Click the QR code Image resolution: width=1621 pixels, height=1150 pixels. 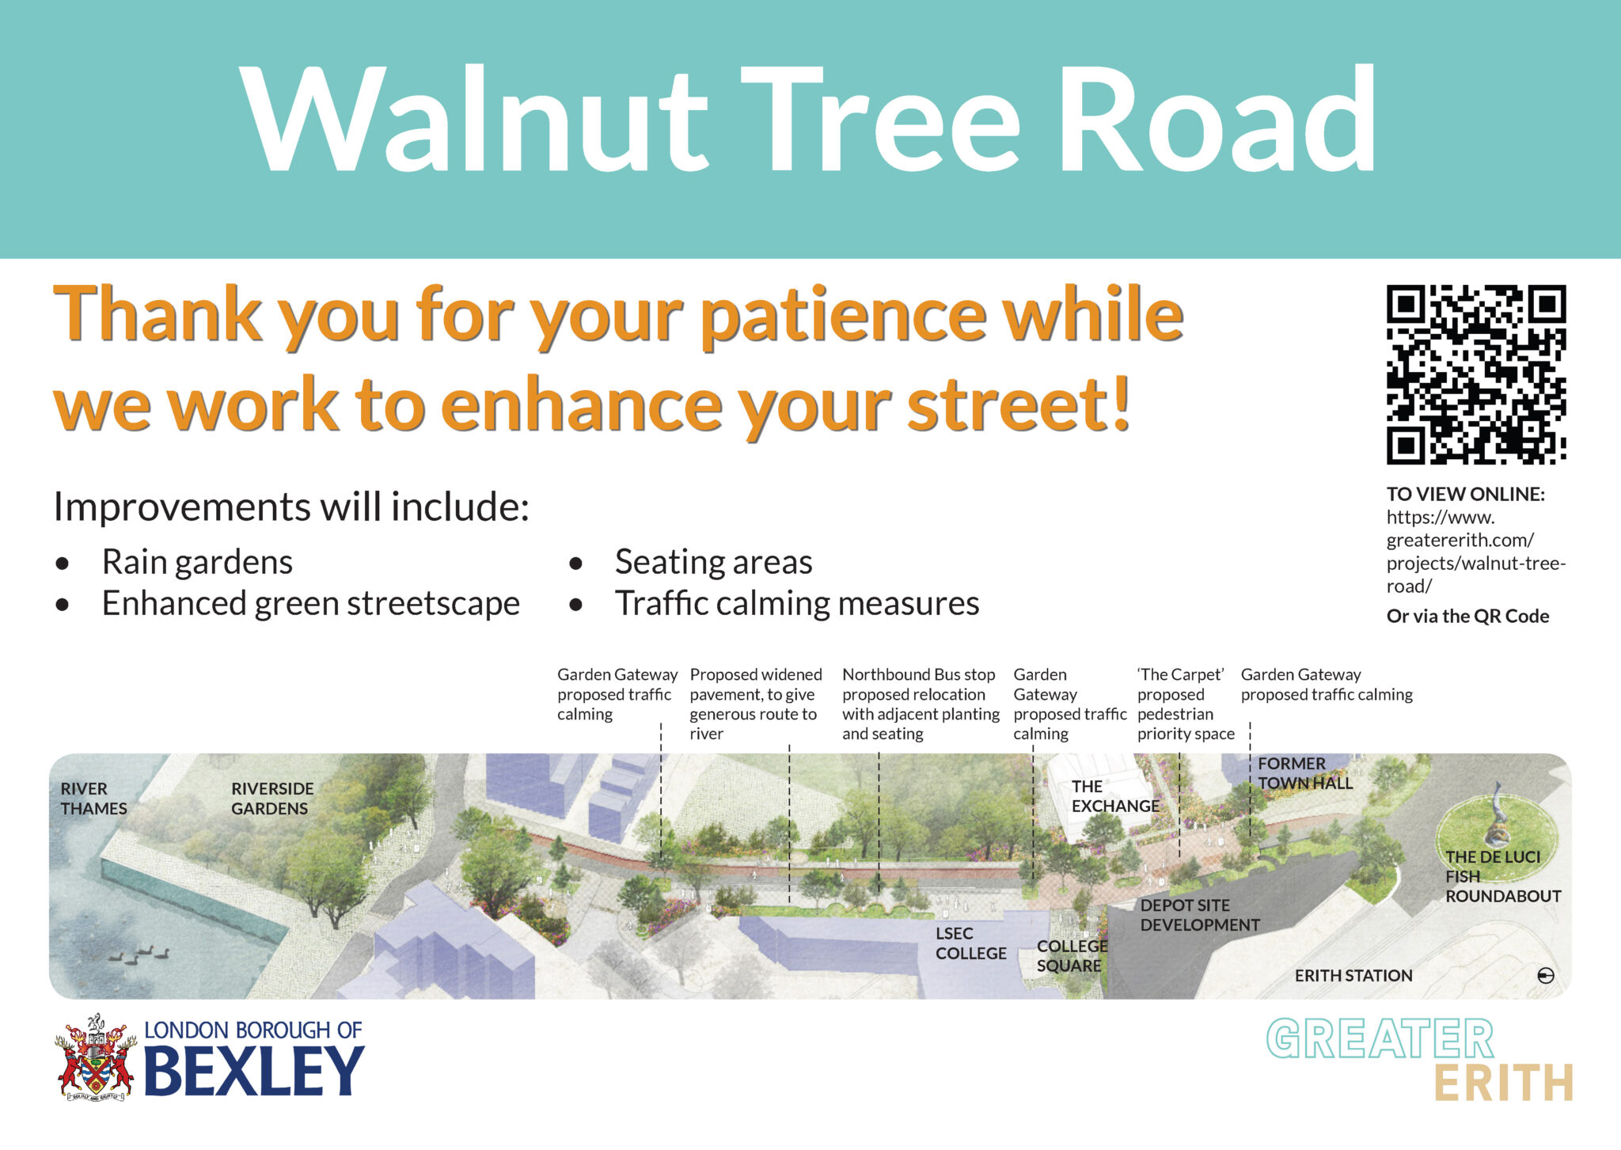(1476, 374)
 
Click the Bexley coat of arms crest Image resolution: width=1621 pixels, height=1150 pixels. (96, 1058)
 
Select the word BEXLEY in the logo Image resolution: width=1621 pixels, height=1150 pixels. (254, 1071)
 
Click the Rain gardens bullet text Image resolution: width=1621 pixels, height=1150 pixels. (197, 563)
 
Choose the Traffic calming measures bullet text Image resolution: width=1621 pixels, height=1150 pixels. (796, 604)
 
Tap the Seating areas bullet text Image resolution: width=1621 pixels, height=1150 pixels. (713, 563)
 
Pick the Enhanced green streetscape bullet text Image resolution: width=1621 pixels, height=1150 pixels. (310, 604)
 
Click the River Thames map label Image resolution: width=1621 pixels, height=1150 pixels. (93, 799)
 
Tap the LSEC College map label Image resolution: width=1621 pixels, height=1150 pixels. (970, 943)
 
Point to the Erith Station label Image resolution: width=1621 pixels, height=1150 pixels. (1353, 976)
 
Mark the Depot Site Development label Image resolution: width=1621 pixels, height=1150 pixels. (1199, 915)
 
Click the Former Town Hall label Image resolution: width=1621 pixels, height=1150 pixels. (1304, 773)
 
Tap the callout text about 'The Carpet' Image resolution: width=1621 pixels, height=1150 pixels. (1185, 704)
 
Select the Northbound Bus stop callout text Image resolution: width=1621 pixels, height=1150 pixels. (921, 704)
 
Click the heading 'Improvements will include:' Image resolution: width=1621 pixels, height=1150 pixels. (290, 507)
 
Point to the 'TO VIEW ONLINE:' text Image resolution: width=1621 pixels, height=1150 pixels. (1465, 495)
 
